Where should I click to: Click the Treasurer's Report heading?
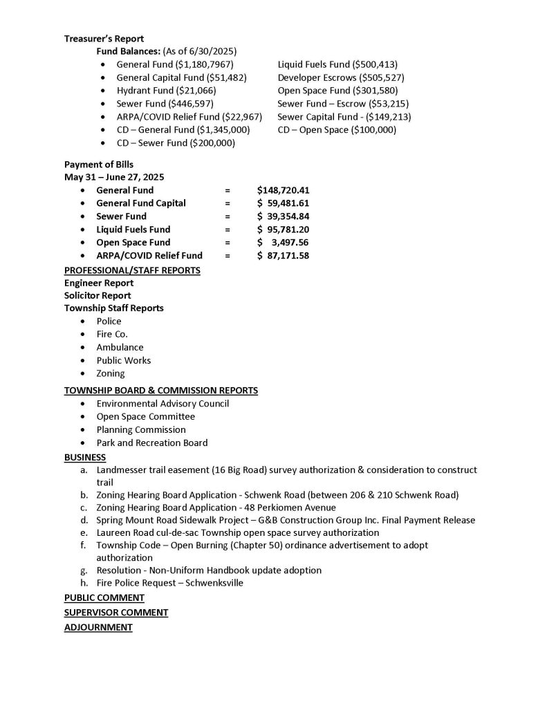click(104, 39)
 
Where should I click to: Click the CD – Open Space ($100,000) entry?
click(337, 129)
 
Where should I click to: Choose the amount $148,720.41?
click(282, 190)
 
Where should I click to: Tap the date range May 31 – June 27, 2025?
click(114, 177)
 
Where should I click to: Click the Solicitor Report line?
click(98, 295)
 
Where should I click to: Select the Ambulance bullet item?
click(120, 347)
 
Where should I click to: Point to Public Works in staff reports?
click(123, 360)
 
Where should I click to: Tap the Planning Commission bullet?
click(141, 429)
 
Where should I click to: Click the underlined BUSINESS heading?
click(85, 457)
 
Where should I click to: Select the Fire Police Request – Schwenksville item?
click(169, 583)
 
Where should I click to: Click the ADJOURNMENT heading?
click(98, 627)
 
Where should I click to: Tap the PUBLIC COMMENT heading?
click(104, 597)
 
